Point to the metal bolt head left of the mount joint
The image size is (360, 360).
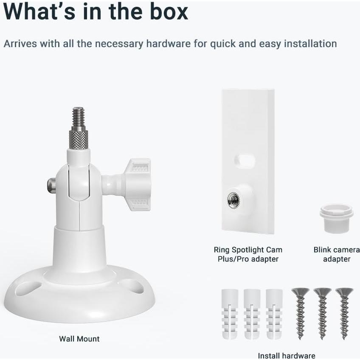point(51,184)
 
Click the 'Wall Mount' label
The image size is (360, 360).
point(79,339)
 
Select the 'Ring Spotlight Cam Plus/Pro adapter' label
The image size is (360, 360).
point(248,254)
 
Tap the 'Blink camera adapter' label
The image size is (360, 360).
point(336,254)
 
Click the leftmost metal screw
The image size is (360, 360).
point(300,312)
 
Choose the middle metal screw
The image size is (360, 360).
point(322,312)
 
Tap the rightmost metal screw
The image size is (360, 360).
point(344,312)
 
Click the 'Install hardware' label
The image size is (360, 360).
point(287,356)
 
